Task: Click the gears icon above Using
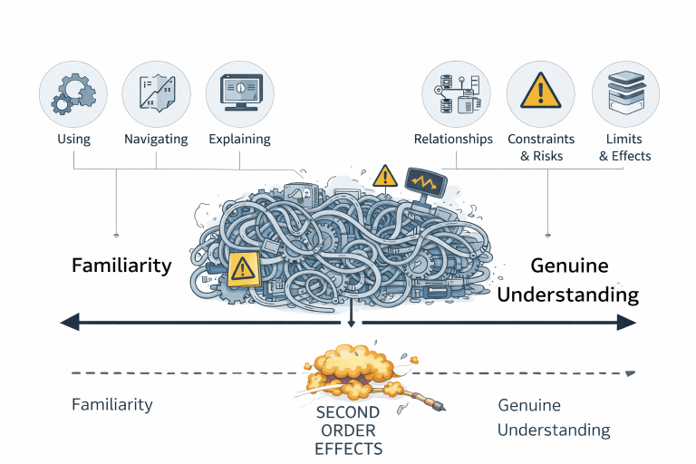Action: click(x=73, y=93)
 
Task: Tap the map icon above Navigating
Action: click(x=156, y=93)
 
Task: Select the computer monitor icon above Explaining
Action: click(x=239, y=93)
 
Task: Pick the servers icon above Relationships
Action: click(x=456, y=93)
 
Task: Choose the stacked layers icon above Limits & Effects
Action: click(x=625, y=93)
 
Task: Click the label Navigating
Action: click(x=156, y=140)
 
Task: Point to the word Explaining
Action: click(x=239, y=140)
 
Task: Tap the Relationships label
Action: click(x=453, y=140)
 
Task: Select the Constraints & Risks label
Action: click(x=541, y=148)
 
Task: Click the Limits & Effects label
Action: click(x=625, y=148)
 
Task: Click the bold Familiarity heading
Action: click(x=121, y=266)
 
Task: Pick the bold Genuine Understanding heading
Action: click(x=568, y=280)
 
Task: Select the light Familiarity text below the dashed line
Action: click(x=112, y=405)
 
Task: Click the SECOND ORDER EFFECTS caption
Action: click(x=348, y=430)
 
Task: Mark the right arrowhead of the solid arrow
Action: click(x=627, y=322)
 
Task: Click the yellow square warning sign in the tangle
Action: click(x=242, y=269)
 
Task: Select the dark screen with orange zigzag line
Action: click(x=425, y=184)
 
